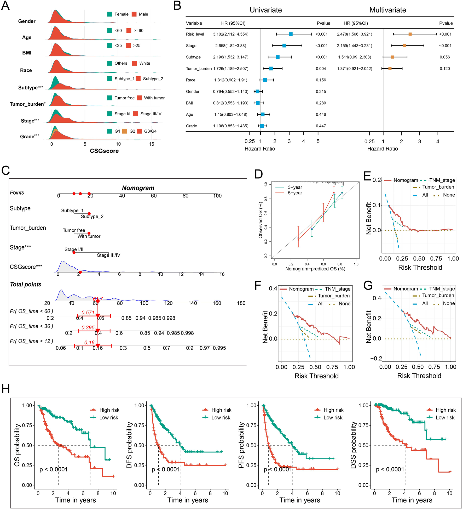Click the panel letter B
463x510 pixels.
[x=177, y=6]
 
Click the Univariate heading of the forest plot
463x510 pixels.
[x=265, y=10]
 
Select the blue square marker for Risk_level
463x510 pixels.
[x=291, y=34]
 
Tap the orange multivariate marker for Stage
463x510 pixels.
[x=404, y=46]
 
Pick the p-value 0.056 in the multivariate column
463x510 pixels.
[x=445, y=57]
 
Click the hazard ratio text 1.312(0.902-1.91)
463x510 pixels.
[x=230, y=80]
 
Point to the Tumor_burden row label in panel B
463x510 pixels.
[x=199, y=69]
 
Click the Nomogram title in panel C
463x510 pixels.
[x=138, y=188]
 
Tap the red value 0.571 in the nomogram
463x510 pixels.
[x=88, y=313]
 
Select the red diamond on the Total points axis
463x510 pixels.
[x=97, y=301]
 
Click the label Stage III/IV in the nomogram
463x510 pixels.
[x=108, y=255]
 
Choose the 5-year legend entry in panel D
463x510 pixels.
[x=295, y=193]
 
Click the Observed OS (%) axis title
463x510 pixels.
[x=260, y=220]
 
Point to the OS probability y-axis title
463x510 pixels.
[x=17, y=445]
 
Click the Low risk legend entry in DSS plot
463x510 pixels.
[x=445, y=418]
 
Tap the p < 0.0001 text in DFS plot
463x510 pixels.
[x=166, y=469]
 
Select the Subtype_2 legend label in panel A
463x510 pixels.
[x=153, y=79]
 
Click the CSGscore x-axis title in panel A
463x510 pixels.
[x=104, y=151]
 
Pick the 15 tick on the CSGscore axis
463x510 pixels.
[x=152, y=144]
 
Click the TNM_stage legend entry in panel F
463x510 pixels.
[x=337, y=289]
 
